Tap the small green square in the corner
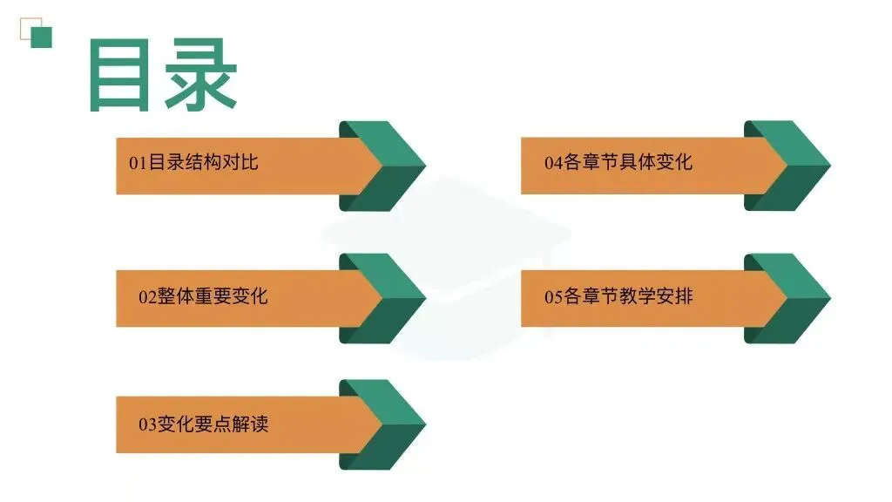pyautogui.click(x=41, y=37)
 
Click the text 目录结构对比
pyautogui.click(x=204, y=163)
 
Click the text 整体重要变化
pyautogui.click(x=213, y=297)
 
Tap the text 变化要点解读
pyautogui.click(x=213, y=424)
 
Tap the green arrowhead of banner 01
pyautogui.click(x=388, y=166)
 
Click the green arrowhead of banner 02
pyautogui.click(x=388, y=298)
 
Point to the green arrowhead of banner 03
pyautogui.click(x=388, y=424)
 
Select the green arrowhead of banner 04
pyautogui.click(x=793, y=166)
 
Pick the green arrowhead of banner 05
pyautogui.click(x=793, y=298)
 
